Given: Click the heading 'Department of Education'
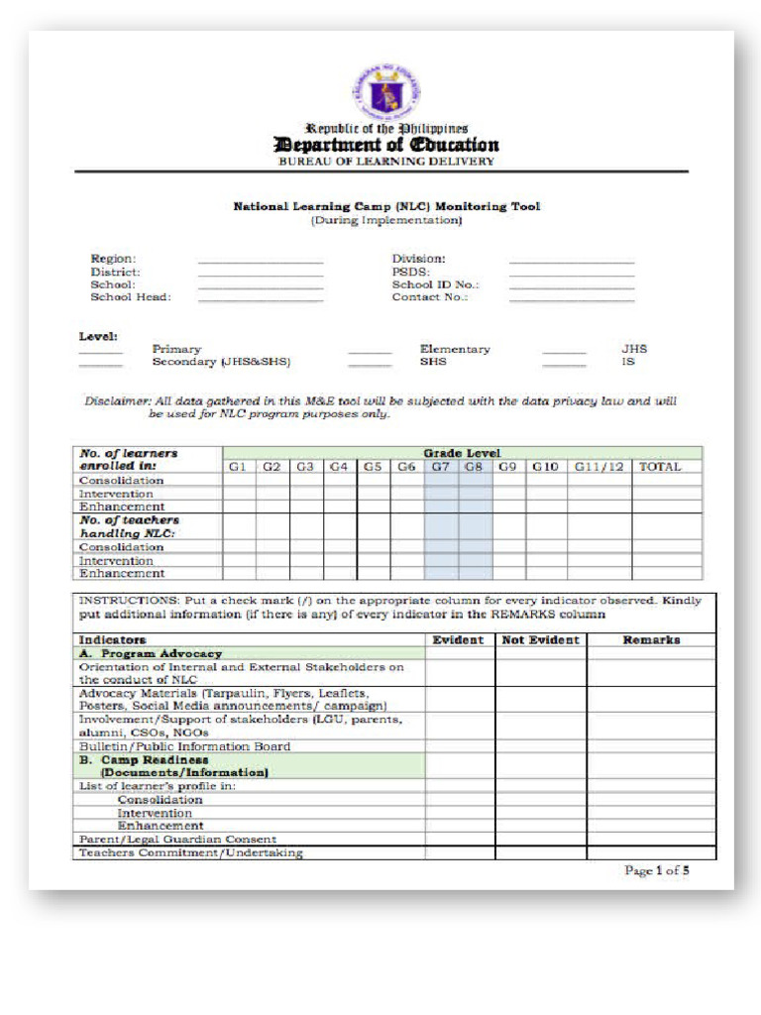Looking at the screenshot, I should pos(385,145).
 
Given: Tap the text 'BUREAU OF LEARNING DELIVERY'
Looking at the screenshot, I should pos(385,162).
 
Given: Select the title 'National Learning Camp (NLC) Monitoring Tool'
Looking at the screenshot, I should pos(386,207).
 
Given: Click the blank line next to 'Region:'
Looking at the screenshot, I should pos(261,261).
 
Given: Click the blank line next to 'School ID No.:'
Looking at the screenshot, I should pos(572,286).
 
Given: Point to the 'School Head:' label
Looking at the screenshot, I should pos(131,296).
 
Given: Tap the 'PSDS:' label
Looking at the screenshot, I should pos(410,272).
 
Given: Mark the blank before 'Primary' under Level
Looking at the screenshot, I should pos(101,352).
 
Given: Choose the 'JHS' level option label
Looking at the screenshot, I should pos(634,349).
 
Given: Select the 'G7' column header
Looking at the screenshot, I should pos(441,466).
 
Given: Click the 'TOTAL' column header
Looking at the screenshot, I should pos(660,466).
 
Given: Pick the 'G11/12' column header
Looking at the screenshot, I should pos(599,466).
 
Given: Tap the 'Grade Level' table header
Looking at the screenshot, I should pos(462,453).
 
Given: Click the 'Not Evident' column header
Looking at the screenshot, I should pos(540,640).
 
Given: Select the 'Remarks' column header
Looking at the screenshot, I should pos(651,640).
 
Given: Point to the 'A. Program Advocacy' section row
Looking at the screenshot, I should pos(150,654).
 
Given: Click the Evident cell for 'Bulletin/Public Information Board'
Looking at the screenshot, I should pos(460,746).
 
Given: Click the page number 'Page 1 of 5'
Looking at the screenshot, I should pos(656,871).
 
